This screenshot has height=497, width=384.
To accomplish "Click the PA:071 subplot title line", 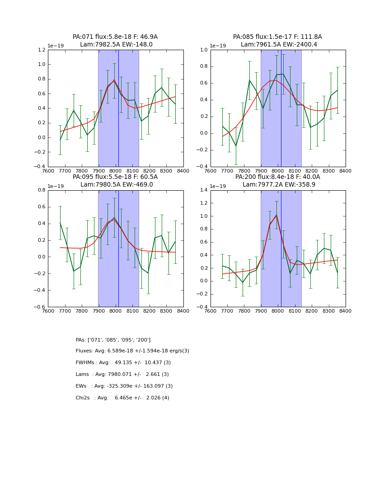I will (115, 37).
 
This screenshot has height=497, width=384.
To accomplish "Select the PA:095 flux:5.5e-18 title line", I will (115, 177).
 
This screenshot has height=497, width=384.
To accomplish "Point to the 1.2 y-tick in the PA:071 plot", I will (40, 50).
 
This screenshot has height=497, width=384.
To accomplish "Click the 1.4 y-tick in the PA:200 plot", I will (203, 190).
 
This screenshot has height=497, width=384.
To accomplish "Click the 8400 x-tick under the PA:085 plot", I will (346, 171).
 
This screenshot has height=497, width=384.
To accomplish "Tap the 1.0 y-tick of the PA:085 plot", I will (203, 50).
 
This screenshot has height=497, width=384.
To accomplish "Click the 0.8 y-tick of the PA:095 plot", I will (40, 190).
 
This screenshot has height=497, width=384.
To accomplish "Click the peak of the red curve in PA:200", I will (276, 216).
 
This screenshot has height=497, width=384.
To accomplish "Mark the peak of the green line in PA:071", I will (114, 80).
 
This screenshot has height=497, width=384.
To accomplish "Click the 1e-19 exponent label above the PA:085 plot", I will (218, 46).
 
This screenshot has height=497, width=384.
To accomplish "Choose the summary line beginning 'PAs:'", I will (113, 340).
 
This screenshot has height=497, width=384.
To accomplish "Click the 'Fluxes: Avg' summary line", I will (132, 351).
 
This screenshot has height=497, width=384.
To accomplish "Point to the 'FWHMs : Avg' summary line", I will (123, 363).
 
